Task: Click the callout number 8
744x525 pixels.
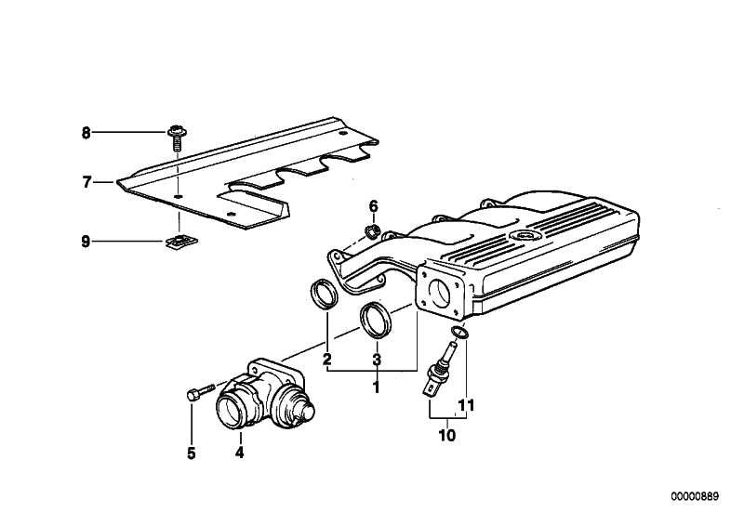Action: coord(86,133)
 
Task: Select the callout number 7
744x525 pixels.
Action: coord(86,183)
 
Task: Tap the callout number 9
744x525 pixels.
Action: coord(86,242)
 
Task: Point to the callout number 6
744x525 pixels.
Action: coord(373,205)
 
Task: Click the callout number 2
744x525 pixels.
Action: coord(327,360)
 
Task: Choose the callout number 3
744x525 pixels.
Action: coord(377,360)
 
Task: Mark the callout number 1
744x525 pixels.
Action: coord(377,387)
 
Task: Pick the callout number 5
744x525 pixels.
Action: coord(191,453)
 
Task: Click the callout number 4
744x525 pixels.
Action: coord(239,453)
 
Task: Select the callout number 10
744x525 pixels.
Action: coord(445,434)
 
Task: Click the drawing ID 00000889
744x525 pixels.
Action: coord(696,497)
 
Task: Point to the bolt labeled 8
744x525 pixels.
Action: coord(176,137)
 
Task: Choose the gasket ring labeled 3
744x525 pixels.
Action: coord(376,319)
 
